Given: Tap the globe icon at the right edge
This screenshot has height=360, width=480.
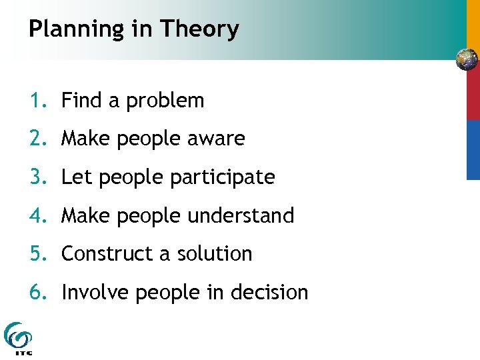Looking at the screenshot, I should pyautogui.click(x=467, y=59).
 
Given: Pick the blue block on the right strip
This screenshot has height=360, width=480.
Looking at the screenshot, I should pyautogui.click(x=473, y=149).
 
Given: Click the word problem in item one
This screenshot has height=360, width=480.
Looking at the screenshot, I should pyautogui.click(x=165, y=101).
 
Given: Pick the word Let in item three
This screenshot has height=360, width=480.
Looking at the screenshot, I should pyautogui.click(x=73, y=177).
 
